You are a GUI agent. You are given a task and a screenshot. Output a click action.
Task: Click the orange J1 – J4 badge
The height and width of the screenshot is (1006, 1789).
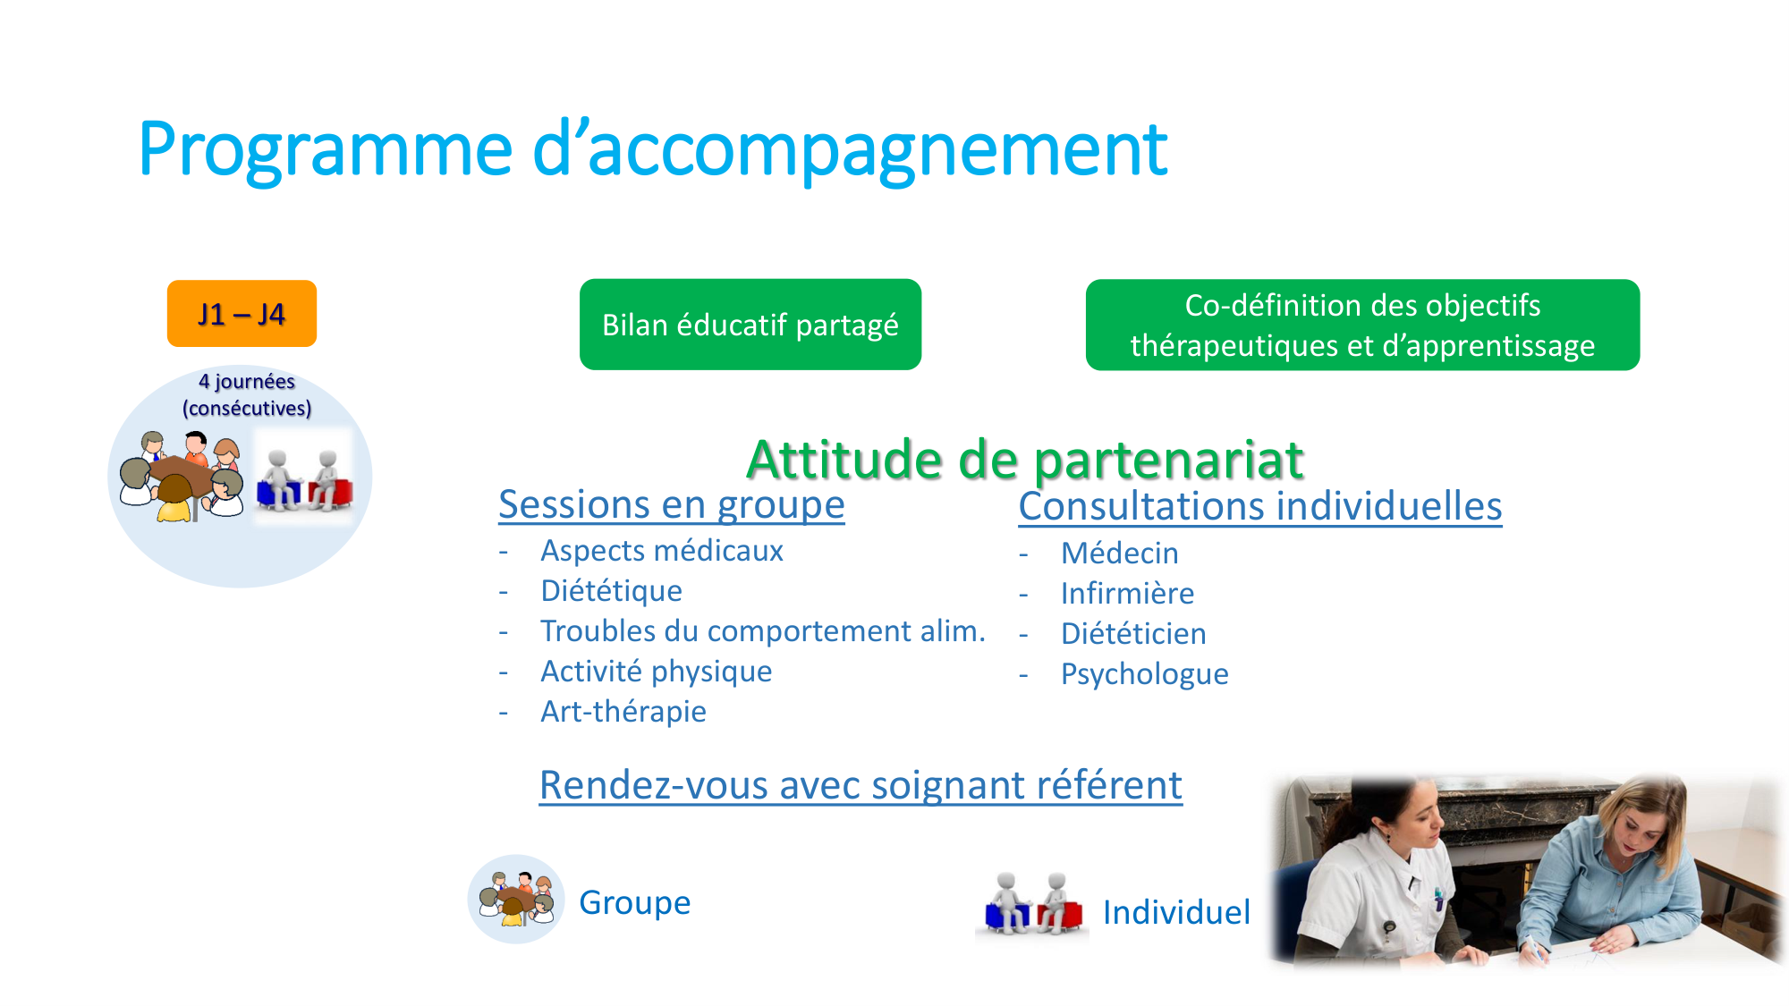[x=242, y=313]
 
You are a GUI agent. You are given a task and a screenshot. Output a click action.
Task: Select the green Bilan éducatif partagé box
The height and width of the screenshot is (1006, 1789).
[x=750, y=324]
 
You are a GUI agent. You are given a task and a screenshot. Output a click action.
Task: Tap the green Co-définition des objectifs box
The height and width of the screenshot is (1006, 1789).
[x=1362, y=325]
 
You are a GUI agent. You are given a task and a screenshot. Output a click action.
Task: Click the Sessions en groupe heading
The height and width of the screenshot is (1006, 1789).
[x=672, y=504]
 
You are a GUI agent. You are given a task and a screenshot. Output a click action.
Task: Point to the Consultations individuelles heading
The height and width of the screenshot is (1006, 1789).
[x=1260, y=506]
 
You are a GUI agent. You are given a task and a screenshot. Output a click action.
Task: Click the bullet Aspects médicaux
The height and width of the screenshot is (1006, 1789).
[x=662, y=551]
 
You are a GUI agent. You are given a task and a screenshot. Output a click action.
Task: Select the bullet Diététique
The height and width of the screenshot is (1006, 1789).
[x=612, y=591]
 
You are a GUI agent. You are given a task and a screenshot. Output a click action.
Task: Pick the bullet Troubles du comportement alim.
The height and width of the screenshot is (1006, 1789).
[x=763, y=631]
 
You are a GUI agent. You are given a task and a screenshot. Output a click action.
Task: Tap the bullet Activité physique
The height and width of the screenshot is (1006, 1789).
[x=657, y=672]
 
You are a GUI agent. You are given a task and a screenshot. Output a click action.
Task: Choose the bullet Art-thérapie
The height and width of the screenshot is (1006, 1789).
[x=623, y=712]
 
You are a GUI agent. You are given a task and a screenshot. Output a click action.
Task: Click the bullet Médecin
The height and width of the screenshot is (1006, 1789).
[x=1120, y=554]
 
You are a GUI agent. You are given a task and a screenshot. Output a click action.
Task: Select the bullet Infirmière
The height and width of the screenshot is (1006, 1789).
[x=1128, y=594]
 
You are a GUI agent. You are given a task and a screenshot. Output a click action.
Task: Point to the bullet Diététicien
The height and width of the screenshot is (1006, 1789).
[x=1133, y=634]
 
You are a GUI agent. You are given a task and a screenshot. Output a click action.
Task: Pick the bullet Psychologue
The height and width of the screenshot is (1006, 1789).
[x=1145, y=674]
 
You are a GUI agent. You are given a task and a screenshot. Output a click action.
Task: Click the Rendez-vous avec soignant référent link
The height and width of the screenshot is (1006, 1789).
[x=861, y=785]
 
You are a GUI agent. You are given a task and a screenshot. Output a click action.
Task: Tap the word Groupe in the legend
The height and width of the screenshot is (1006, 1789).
[x=635, y=903]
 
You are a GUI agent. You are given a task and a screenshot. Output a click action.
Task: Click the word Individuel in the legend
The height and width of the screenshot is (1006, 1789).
[x=1176, y=912]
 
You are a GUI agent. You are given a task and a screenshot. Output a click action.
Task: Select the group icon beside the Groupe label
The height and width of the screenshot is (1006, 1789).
[x=516, y=899]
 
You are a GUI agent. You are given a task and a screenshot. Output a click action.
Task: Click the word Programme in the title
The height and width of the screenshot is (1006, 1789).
[x=326, y=150]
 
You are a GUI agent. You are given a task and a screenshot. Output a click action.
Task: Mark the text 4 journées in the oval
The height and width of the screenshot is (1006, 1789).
[x=247, y=382]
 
